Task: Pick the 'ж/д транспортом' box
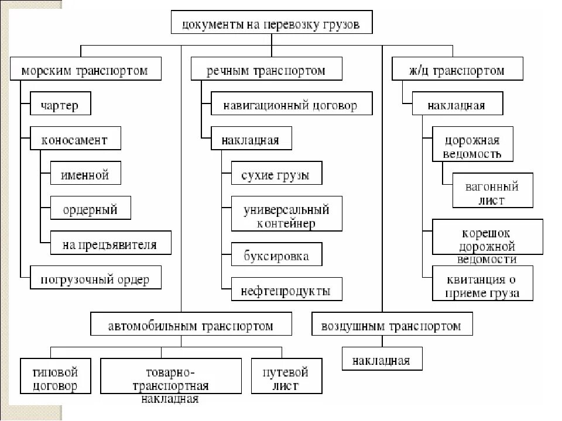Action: (x=457, y=71)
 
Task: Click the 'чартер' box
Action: (x=60, y=106)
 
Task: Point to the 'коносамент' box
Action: (x=74, y=140)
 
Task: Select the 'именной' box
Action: (x=85, y=174)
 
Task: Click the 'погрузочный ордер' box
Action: (x=95, y=279)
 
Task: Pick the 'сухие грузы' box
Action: (x=275, y=175)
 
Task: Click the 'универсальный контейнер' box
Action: (x=286, y=216)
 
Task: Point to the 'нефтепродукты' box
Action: (x=286, y=290)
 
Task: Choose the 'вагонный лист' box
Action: (x=492, y=193)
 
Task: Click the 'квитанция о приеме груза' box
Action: (x=483, y=286)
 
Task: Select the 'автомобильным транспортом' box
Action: (x=190, y=326)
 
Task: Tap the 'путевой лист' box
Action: (x=285, y=378)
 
